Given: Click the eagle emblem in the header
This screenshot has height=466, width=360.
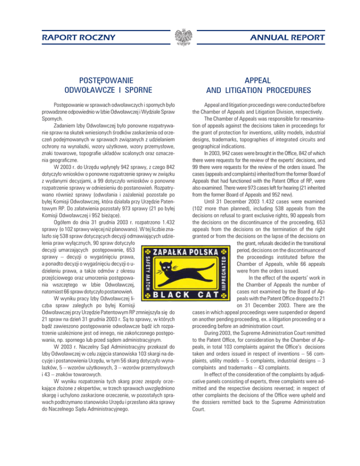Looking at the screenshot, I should click(x=180, y=37).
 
